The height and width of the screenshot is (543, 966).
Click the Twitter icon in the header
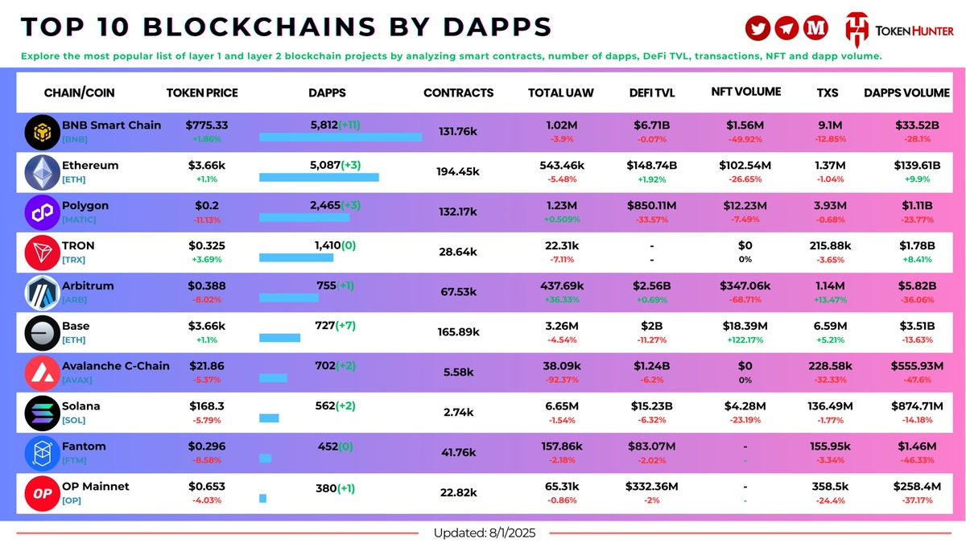(758, 28)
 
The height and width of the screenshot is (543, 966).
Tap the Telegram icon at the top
(786, 28)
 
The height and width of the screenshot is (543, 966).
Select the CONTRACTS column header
(458, 93)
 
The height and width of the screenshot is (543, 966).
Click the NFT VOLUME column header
(745, 92)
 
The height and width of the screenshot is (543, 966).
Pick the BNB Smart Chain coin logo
(42, 132)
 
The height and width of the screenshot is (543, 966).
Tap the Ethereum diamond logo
(42, 172)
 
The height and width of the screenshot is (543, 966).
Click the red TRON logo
(42, 253)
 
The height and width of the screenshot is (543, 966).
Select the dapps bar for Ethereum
(319, 177)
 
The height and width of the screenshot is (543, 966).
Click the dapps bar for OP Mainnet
(262, 498)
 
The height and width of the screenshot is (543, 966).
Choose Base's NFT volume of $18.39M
(745, 326)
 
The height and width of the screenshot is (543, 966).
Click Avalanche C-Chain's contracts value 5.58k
(458, 372)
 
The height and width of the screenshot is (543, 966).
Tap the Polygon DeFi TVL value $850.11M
(652, 205)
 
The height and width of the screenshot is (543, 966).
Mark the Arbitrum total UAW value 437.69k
(561, 286)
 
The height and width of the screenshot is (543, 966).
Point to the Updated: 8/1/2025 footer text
(484, 533)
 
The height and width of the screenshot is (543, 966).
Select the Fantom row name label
(84, 446)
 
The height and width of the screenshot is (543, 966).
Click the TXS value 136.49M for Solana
(827, 406)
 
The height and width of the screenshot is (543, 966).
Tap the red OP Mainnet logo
(42, 492)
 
